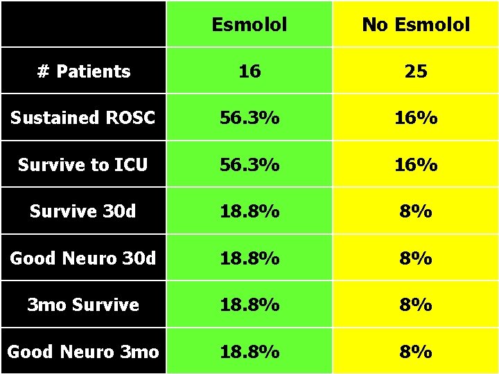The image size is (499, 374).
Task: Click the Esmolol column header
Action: [249, 25]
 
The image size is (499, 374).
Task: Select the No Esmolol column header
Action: [416, 25]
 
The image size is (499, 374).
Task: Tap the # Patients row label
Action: [83, 71]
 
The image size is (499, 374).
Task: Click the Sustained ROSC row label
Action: [83, 118]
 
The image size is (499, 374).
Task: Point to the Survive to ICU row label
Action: [83, 165]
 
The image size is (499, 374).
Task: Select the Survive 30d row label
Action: [83, 211]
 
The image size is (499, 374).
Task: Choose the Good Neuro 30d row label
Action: [83, 258]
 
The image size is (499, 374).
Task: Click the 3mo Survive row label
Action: [83, 305]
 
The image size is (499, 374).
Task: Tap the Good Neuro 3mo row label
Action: [83, 352]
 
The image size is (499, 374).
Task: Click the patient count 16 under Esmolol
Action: [249, 71]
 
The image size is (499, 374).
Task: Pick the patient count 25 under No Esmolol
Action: [416, 71]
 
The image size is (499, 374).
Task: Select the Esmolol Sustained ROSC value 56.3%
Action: [249, 118]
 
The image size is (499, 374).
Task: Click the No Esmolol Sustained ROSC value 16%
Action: [416, 118]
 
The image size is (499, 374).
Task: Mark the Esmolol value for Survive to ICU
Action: [249, 165]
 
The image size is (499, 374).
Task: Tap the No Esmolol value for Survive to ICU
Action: [416, 165]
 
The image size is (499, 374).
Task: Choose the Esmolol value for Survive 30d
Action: [249, 211]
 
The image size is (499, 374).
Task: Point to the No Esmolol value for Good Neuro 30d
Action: [416, 258]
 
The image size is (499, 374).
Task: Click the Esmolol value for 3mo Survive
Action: [249, 305]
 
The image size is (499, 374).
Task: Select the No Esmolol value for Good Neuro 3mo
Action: [416, 352]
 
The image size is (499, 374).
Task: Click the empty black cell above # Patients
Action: [83, 24]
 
